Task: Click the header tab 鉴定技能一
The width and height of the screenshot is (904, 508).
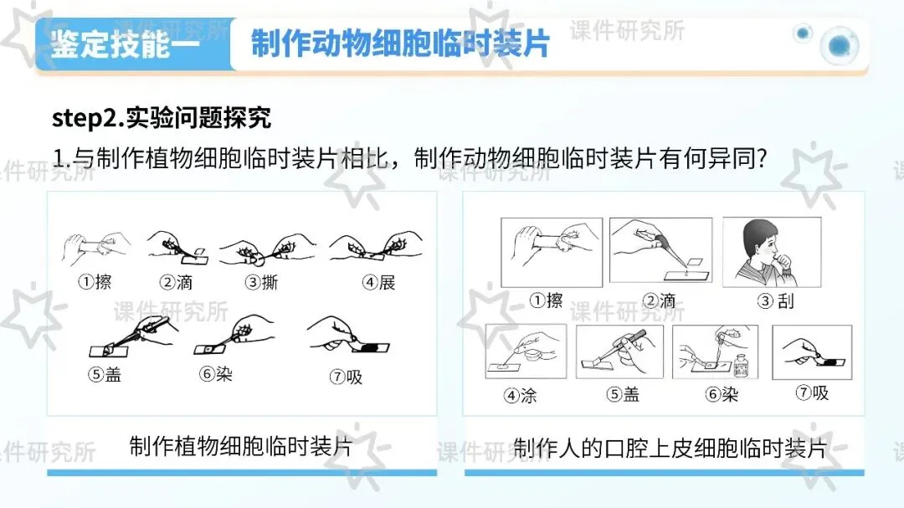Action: tap(125, 44)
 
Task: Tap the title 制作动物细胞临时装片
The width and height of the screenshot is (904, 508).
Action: tap(400, 44)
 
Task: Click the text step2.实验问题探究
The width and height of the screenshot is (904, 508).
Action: tap(162, 118)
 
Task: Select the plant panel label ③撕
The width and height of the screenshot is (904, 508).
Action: tap(262, 282)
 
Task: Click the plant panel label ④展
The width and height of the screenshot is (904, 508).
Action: tap(379, 282)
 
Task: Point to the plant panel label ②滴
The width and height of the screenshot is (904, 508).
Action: tap(176, 282)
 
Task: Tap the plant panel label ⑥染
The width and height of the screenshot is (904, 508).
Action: tap(216, 374)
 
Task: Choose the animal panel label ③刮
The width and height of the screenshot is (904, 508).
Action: tap(776, 301)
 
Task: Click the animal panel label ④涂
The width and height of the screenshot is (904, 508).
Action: tap(520, 395)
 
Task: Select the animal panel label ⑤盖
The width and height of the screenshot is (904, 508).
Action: tap(623, 394)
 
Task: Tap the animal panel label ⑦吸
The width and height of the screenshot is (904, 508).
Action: tap(812, 393)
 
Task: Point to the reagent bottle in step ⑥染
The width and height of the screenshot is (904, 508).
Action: tap(741, 367)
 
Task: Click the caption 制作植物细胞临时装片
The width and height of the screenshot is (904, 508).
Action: tap(240, 446)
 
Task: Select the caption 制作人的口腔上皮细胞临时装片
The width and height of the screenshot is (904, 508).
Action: tap(670, 448)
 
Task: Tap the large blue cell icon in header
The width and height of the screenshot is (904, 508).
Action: tap(840, 45)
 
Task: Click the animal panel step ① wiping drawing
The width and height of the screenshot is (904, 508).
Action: tap(552, 252)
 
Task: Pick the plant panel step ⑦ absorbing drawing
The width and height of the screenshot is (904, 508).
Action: tap(349, 335)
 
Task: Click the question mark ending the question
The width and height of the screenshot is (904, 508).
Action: tap(763, 158)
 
